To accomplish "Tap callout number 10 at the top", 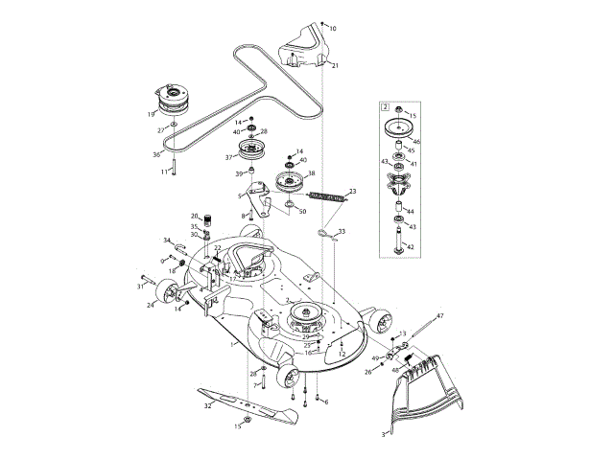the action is [x=333, y=29].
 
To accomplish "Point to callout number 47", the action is [x=440, y=315].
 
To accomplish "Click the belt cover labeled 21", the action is [x=309, y=53].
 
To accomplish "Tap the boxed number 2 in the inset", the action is [x=386, y=106].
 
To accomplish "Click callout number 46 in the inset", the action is [x=416, y=142].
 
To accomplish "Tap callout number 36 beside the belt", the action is [x=157, y=154].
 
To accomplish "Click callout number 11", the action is [x=164, y=172].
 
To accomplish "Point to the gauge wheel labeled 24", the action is [x=167, y=293].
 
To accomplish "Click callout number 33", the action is [x=342, y=232].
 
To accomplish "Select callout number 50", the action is [x=302, y=211].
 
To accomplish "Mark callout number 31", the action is [x=139, y=285].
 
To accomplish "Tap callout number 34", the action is [x=167, y=241].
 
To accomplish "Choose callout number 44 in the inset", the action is [x=410, y=211].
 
